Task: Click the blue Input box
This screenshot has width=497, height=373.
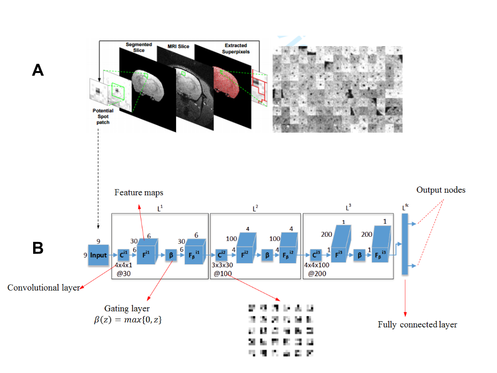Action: (x=98, y=255)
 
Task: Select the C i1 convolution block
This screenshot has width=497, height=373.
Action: (x=124, y=255)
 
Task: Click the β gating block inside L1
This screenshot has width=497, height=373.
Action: (x=170, y=255)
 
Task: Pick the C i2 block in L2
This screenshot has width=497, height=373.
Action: (x=222, y=255)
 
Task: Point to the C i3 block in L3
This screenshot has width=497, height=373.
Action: (x=316, y=255)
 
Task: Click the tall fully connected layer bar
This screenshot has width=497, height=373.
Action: (x=405, y=244)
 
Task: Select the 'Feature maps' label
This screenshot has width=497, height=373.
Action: (x=139, y=193)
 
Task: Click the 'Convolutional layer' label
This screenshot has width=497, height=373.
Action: (x=43, y=288)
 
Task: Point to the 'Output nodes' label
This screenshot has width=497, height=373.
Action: (x=441, y=190)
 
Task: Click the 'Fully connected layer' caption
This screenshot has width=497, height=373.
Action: (x=417, y=325)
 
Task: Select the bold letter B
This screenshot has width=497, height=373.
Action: (x=38, y=248)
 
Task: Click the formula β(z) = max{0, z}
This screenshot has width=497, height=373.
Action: (x=127, y=320)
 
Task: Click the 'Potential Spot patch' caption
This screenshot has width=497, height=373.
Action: (x=103, y=117)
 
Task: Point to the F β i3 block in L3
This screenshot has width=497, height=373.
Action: (x=382, y=252)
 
